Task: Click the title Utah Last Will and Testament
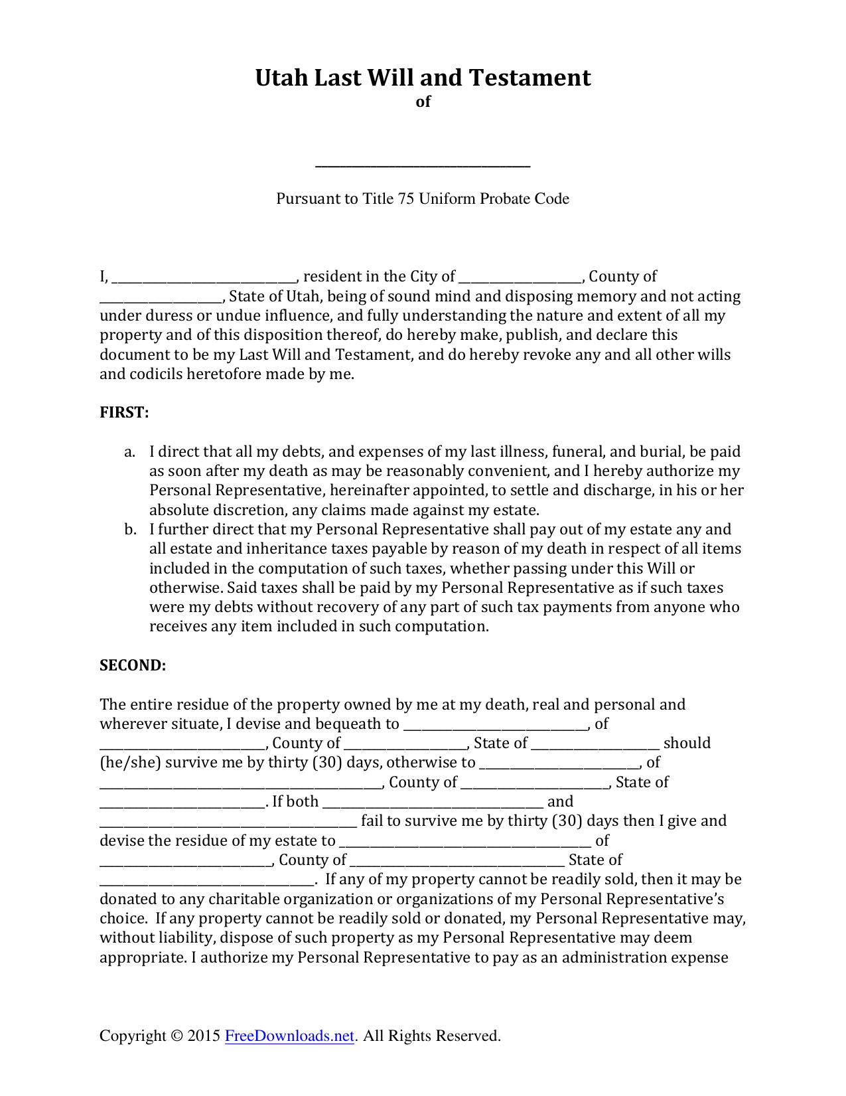tap(423, 78)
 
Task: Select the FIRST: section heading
tap(124, 413)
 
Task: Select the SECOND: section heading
tap(133, 665)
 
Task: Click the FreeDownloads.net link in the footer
tap(289, 1036)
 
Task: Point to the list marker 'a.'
tap(130, 452)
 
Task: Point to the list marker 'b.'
tap(130, 530)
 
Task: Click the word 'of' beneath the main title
tap(423, 102)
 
